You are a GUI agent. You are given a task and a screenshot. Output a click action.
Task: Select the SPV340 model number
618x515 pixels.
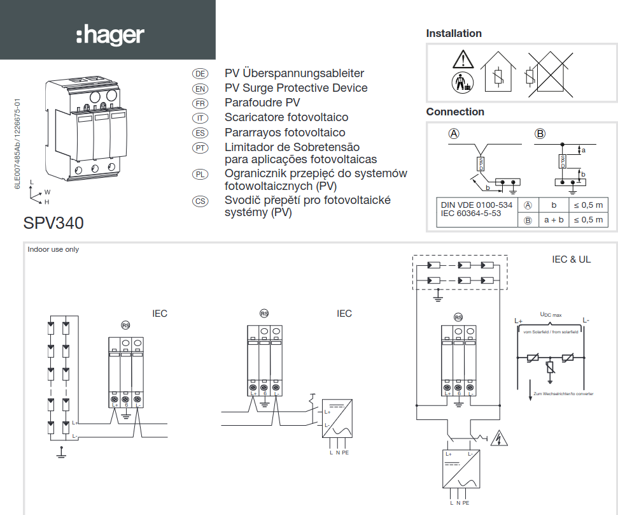tap(53, 224)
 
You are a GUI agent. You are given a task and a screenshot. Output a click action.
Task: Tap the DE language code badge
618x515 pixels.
tap(200, 74)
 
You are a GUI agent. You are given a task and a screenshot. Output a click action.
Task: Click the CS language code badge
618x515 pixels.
tap(200, 201)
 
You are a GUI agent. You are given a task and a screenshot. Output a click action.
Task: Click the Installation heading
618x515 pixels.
tap(454, 33)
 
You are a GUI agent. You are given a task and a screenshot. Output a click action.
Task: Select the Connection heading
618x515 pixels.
tap(455, 112)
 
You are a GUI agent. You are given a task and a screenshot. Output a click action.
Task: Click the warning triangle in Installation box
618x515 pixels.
tap(463, 59)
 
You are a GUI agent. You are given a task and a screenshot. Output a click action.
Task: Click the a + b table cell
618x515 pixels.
tap(553, 220)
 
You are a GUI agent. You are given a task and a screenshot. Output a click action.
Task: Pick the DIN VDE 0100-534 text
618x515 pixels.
tap(477, 205)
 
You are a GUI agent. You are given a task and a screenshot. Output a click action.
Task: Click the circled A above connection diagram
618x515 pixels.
tap(454, 134)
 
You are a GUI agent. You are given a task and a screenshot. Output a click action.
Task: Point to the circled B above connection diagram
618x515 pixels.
tap(540, 134)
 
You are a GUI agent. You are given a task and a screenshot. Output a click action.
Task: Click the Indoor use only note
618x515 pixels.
tap(53, 249)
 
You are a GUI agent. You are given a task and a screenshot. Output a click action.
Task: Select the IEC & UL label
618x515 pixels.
tap(571, 259)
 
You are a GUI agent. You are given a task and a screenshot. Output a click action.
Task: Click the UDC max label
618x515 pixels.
tap(551, 315)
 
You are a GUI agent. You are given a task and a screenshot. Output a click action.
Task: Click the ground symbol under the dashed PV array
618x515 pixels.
tap(438, 296)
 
